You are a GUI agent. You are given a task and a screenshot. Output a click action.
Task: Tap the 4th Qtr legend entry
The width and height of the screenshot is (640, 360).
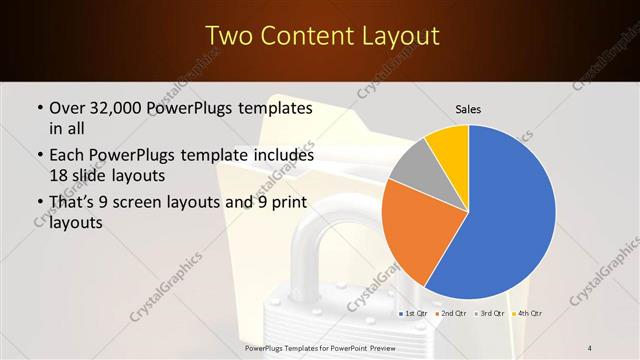point(528,314)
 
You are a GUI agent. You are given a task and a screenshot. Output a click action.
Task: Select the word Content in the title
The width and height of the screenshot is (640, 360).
point(311,37)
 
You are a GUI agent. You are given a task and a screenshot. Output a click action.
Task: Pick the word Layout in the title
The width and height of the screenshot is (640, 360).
point(400,37)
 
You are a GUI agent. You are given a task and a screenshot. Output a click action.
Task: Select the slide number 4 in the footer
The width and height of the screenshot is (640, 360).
point(591,348)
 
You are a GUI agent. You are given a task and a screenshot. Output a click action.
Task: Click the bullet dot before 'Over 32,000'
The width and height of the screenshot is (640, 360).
point(39,108)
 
